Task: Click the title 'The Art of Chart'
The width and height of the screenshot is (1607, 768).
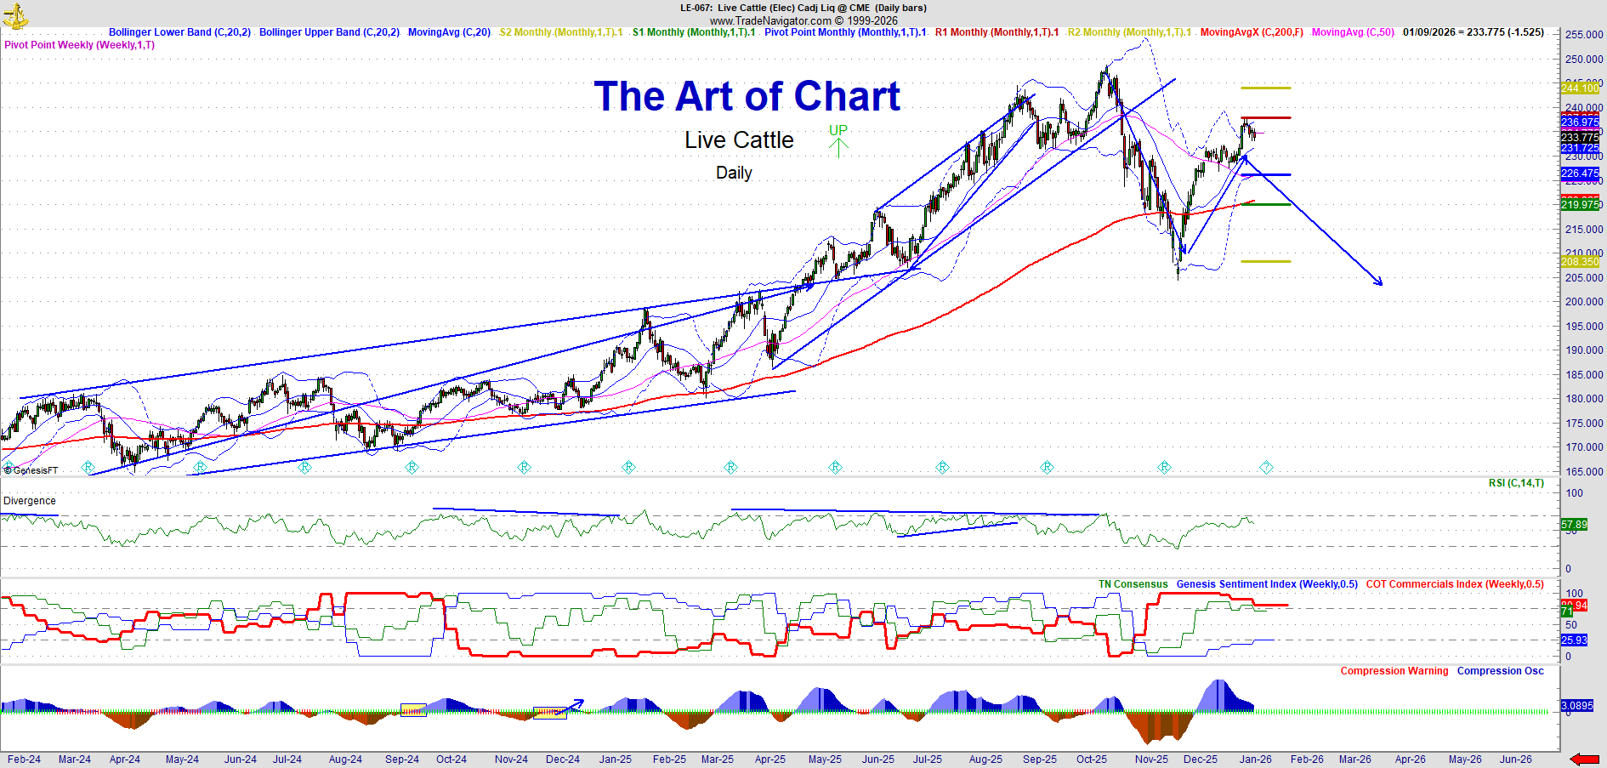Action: coord(747,96)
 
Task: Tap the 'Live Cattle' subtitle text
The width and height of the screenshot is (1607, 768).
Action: coord(739,140)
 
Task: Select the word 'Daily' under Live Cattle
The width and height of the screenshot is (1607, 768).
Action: coord(734,173)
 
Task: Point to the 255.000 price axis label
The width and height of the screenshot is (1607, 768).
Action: coord(1583,35)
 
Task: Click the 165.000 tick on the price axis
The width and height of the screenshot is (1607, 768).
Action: coord(1583,471)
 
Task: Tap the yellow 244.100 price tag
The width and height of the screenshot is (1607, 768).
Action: coord(1580,88)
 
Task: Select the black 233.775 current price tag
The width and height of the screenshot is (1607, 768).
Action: coord(1580,137)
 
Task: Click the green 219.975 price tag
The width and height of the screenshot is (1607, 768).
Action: coord(1580,204)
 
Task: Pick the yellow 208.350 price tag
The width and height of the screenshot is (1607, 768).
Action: coord(1580,262)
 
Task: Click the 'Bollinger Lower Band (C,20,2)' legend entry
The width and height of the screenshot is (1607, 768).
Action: coord(179,32)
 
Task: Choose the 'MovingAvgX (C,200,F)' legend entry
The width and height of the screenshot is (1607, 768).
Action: coord(1251,32)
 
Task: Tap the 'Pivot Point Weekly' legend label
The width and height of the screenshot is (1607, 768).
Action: coord(79,45)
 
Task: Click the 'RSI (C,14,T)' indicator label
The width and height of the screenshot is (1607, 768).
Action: coord(1516,483)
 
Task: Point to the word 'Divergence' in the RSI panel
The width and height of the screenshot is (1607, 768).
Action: coord(30,501)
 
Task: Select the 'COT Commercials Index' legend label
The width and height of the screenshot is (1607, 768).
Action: coord(1454,584)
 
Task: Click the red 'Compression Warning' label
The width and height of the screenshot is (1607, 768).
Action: coord(1394,671)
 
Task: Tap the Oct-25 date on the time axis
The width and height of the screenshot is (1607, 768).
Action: coord(1091,759)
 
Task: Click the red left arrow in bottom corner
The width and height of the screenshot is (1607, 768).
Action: coord(1584,759)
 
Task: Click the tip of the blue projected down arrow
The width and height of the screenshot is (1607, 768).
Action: coord(1382,284)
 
